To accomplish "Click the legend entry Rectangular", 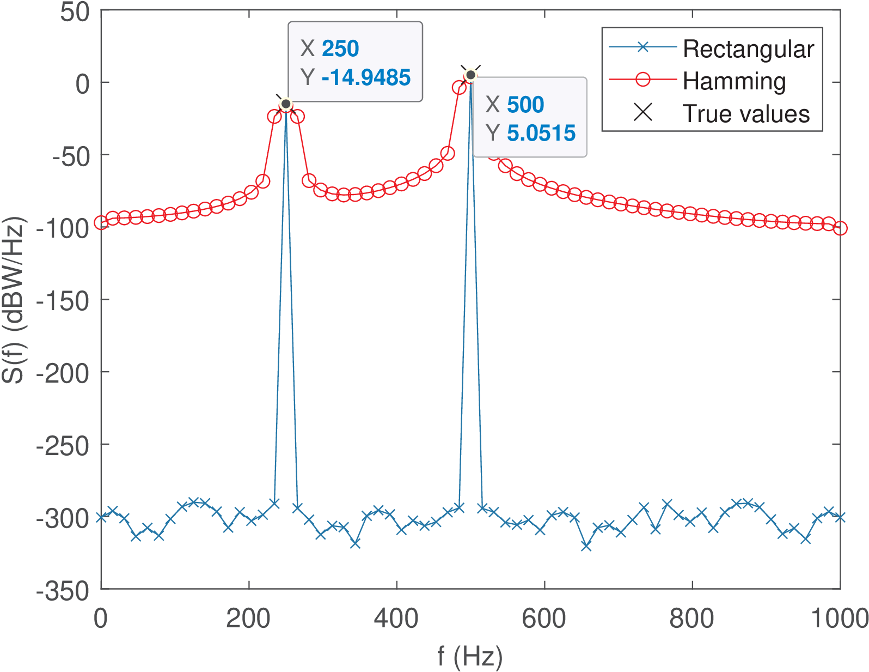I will coord(748,49).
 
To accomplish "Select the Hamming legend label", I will coord(734,81).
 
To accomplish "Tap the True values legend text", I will coord(746,114).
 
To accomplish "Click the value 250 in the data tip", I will coord(340,49).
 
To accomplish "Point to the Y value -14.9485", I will coord(366,77).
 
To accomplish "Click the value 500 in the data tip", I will coord(525,105).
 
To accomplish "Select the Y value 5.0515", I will coord(541,133).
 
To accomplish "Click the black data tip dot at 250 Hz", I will coord(286,104).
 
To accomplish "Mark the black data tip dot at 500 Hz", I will coord(470,75).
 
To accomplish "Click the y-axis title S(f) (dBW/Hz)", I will coord(13,300).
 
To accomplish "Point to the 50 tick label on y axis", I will coord(75,12).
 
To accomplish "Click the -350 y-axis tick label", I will coord(63,591).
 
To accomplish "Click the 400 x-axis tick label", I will coord(396,619).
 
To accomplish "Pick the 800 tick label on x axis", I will coord(692,619).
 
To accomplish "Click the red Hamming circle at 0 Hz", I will coord(101,222).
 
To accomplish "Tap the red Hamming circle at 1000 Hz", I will coord(840,228).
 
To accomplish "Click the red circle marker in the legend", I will coord(643,80).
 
